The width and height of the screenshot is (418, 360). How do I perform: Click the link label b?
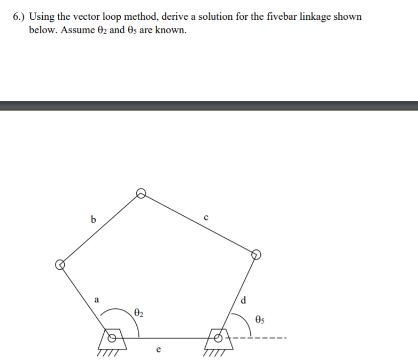point(94,219)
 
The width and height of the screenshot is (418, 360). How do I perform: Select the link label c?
point(206,217)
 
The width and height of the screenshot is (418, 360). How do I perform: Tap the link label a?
point(96,300)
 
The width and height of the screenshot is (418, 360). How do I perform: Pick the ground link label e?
point(158,350)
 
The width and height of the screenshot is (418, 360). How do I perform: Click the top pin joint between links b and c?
point(141,193)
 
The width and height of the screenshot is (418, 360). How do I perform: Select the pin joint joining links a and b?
point(60,264)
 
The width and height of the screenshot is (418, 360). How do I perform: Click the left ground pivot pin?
point(112,338)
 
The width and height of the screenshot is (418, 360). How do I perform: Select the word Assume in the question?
point(79,30)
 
